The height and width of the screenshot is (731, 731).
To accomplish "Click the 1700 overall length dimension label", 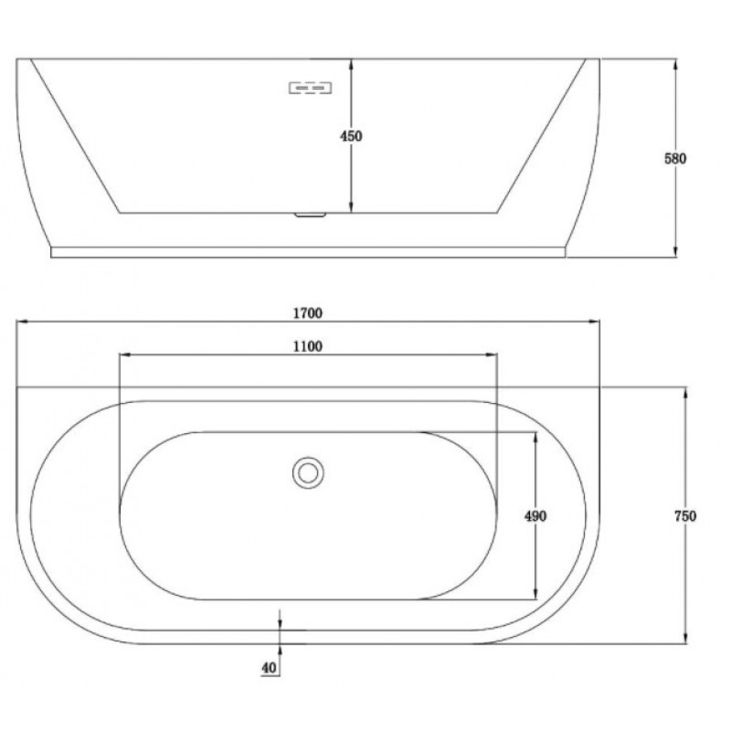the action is coord(308,313).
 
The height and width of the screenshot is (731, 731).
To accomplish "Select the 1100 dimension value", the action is coord(308,346).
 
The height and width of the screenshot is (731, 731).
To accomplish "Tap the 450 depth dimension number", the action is coord(351,136).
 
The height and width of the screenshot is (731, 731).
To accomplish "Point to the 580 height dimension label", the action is coord(675,158).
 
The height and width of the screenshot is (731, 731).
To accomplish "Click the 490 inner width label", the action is coord(535,516).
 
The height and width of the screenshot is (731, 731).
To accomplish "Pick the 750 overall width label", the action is coord(685,516).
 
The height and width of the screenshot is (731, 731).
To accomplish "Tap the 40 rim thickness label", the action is coord(269,668).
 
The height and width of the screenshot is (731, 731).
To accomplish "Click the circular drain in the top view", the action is coord(308,473).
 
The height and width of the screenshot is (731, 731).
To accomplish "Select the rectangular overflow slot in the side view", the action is coord(311,88).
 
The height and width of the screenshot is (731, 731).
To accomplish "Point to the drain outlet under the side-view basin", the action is coord(310,215).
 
